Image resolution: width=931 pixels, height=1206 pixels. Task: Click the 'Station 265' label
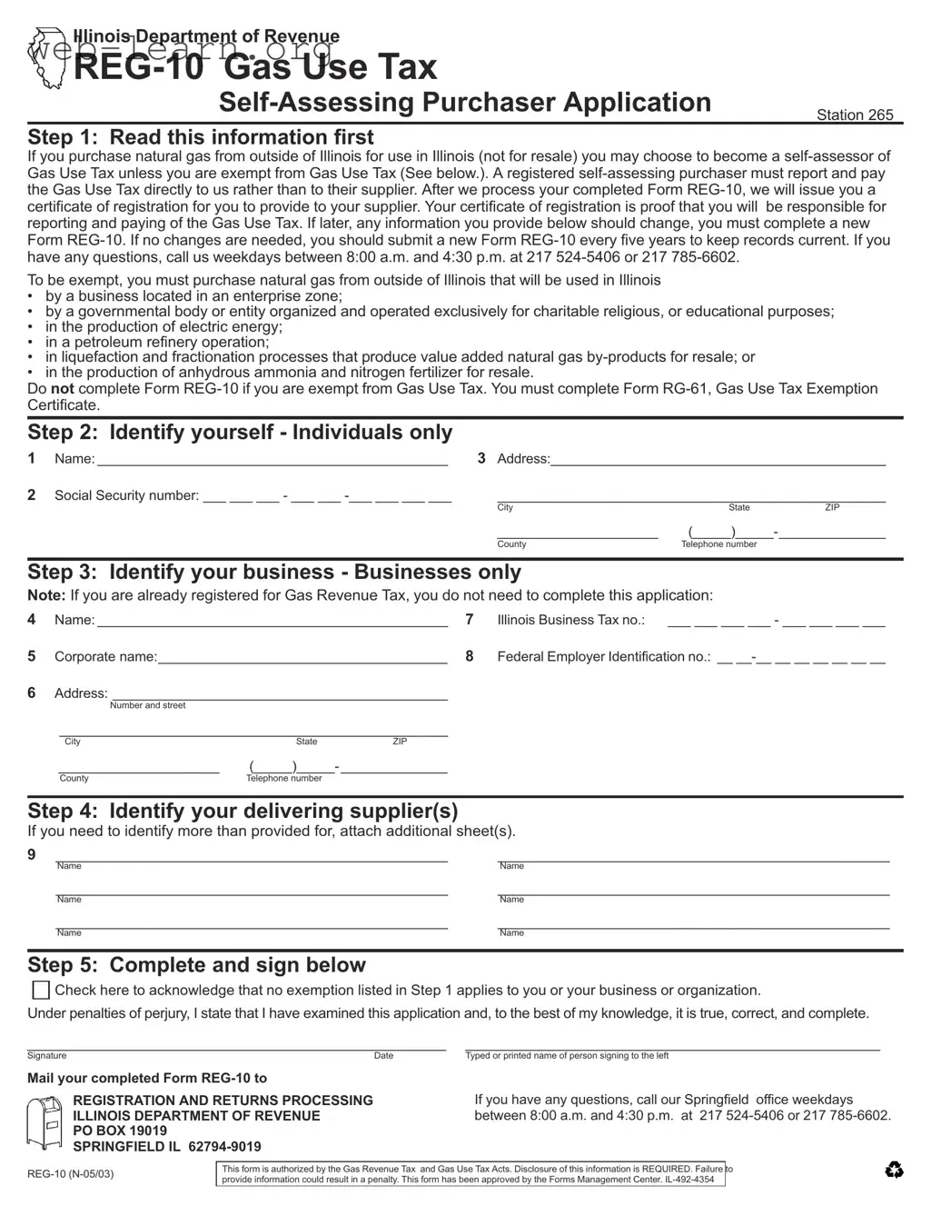pos(854,115)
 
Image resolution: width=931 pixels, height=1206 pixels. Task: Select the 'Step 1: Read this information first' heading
pos(200,137)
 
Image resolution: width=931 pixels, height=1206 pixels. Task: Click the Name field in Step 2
pos(272,459)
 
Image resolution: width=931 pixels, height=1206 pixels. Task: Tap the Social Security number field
pos(327,496)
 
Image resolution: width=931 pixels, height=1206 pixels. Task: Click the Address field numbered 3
pos(718,459)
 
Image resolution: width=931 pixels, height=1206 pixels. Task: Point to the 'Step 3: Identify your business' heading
pos(273,572)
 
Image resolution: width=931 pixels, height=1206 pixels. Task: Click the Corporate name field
pos(302,657)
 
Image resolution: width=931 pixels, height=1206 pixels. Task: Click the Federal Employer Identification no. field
pos(800,657)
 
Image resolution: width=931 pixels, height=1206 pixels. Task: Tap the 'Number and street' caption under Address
pos(147,705)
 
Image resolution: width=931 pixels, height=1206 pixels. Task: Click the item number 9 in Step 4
pos(32,854)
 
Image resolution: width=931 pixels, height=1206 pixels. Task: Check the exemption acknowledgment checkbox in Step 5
pos(41,990)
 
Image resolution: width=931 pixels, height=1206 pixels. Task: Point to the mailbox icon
pos(45,1121)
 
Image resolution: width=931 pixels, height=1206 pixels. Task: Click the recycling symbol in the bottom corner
pos(894,1171)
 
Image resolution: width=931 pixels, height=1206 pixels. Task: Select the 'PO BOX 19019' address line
pos(120,1131)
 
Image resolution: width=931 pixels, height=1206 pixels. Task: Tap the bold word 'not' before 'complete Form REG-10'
pos(63,388)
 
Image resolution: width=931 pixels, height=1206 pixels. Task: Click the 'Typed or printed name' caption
pos(567,1056)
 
